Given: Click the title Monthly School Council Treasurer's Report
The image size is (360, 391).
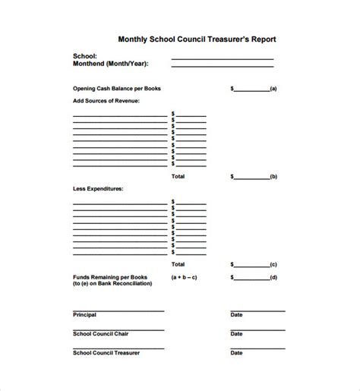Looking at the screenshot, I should [197, 39].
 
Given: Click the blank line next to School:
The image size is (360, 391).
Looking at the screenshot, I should [222, 58].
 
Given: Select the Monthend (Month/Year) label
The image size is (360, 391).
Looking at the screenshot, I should [110, 65].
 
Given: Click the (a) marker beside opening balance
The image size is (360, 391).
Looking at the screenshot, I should [273, 89].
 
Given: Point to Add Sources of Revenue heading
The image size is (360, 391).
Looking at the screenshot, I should [106, 99].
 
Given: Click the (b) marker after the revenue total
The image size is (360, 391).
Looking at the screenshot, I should [273, 177].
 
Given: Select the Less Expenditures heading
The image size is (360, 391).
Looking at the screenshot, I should [98, 188].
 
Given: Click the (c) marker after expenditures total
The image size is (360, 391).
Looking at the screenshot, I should [273, 265].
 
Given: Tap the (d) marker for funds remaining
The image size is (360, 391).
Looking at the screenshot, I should [273, 278].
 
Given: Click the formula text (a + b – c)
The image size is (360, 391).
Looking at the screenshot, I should [185, 278].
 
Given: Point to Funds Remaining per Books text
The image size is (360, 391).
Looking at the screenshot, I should [110, 277].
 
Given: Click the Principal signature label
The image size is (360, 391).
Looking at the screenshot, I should [85, 314].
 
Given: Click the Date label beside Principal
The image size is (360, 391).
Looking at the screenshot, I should [237, 314].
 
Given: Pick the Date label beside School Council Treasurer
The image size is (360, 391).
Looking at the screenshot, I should [237, 353].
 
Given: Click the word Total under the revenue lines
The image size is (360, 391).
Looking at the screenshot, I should [178, 176].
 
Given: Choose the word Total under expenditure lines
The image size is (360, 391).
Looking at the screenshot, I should [178, 264].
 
